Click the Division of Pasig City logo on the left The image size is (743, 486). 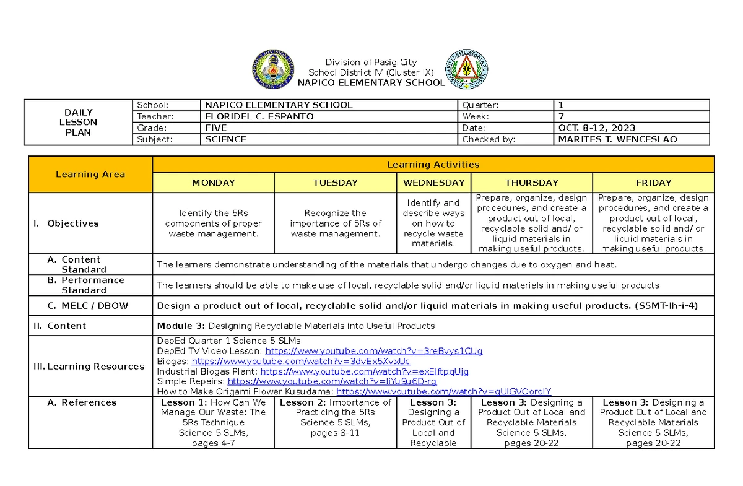coord(272,70)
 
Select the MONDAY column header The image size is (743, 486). coord(213,183)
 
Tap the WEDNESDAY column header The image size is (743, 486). coord(433,183)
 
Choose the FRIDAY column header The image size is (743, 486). coord(653,183)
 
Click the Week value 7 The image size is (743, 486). coord(561,116)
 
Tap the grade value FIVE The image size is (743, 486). coord(216,128)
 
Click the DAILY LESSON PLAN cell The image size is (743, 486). coord(79,122)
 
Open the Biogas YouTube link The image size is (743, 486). coord(301,362)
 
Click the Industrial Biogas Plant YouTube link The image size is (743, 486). coord(365,371)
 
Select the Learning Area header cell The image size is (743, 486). coord(90,174)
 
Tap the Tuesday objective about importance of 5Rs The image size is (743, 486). coord(336,223)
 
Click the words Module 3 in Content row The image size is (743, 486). coord(181,326)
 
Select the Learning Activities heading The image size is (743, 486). coord(433,164)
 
